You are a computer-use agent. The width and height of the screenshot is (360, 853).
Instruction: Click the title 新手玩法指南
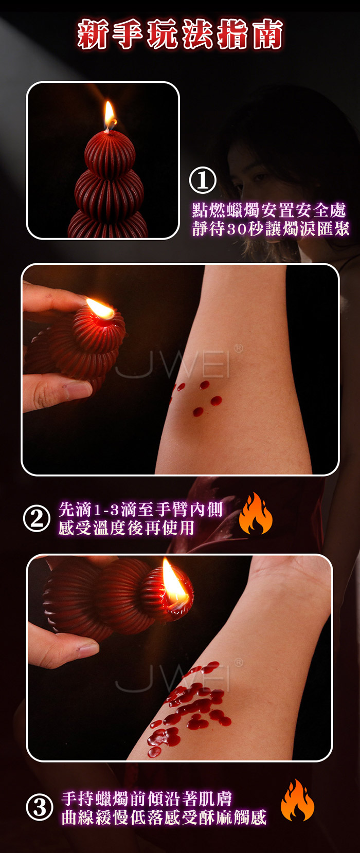pos(180,34)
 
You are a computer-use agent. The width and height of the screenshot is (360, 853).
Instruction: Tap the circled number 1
pos(202,180)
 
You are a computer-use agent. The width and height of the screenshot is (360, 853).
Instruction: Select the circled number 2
pos(37,519)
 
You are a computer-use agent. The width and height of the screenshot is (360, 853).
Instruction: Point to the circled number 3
pos(39,808)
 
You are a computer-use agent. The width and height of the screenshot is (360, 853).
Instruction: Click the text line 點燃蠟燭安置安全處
pos(269,210)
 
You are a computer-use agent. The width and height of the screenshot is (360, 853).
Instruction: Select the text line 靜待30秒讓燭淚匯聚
pos(271,229)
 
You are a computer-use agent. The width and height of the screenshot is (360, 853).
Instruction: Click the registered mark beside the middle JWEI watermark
pos(238,348)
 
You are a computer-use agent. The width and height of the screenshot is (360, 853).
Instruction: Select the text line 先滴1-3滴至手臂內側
pos(140,510)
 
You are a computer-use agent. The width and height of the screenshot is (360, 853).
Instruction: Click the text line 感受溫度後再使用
pos(126,528)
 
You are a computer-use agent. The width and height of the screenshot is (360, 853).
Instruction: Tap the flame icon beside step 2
pos(256,513)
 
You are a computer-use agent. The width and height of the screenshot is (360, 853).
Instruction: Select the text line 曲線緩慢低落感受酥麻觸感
pos(164,818)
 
